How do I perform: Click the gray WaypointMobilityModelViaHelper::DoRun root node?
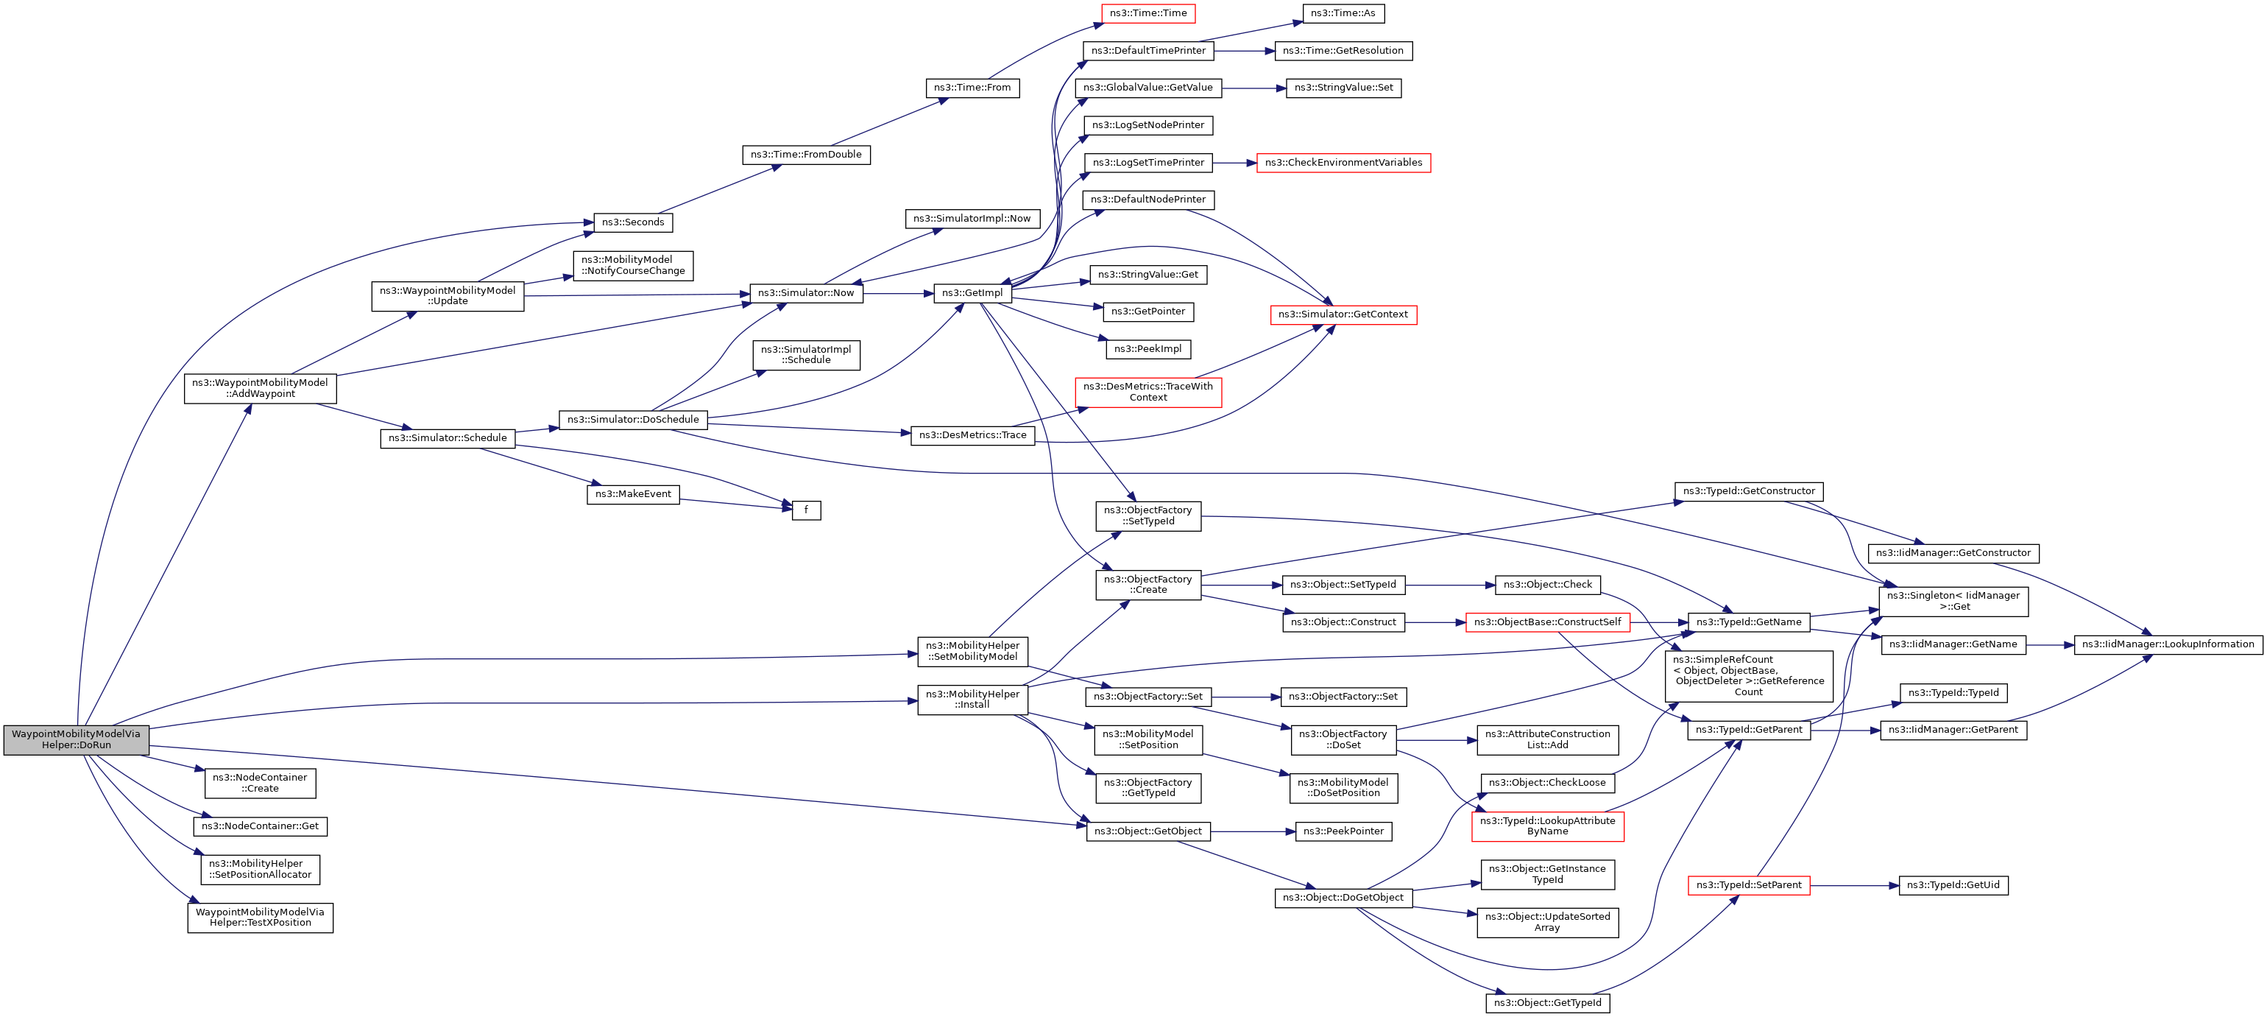tap(77, 739)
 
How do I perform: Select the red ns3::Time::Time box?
tap(1147, 13)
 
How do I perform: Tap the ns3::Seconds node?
tap(633, 223)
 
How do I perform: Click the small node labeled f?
tap(806, 510)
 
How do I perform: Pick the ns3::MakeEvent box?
tap(633, 494)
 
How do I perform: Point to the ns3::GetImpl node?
tap(972, 293)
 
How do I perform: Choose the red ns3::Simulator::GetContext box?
tap(1343, 314)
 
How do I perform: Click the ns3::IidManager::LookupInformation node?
tap(2168, 644)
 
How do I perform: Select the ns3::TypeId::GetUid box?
tap(1953, 885)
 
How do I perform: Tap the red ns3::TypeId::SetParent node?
tap(1749, 885)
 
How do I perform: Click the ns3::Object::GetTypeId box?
tap(1548, 1003)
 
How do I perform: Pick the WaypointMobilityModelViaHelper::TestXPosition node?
tap(261, 918)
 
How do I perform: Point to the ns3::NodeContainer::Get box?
tap(261, 826)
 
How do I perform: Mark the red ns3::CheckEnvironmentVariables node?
tap(1343, 163)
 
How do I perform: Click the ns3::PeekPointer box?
tap(1343, 831)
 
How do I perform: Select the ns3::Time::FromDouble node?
tap(806, 155)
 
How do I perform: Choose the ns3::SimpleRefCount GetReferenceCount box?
tap(1749, 676)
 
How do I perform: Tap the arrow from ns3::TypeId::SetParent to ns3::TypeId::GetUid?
tap(1854, 885)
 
